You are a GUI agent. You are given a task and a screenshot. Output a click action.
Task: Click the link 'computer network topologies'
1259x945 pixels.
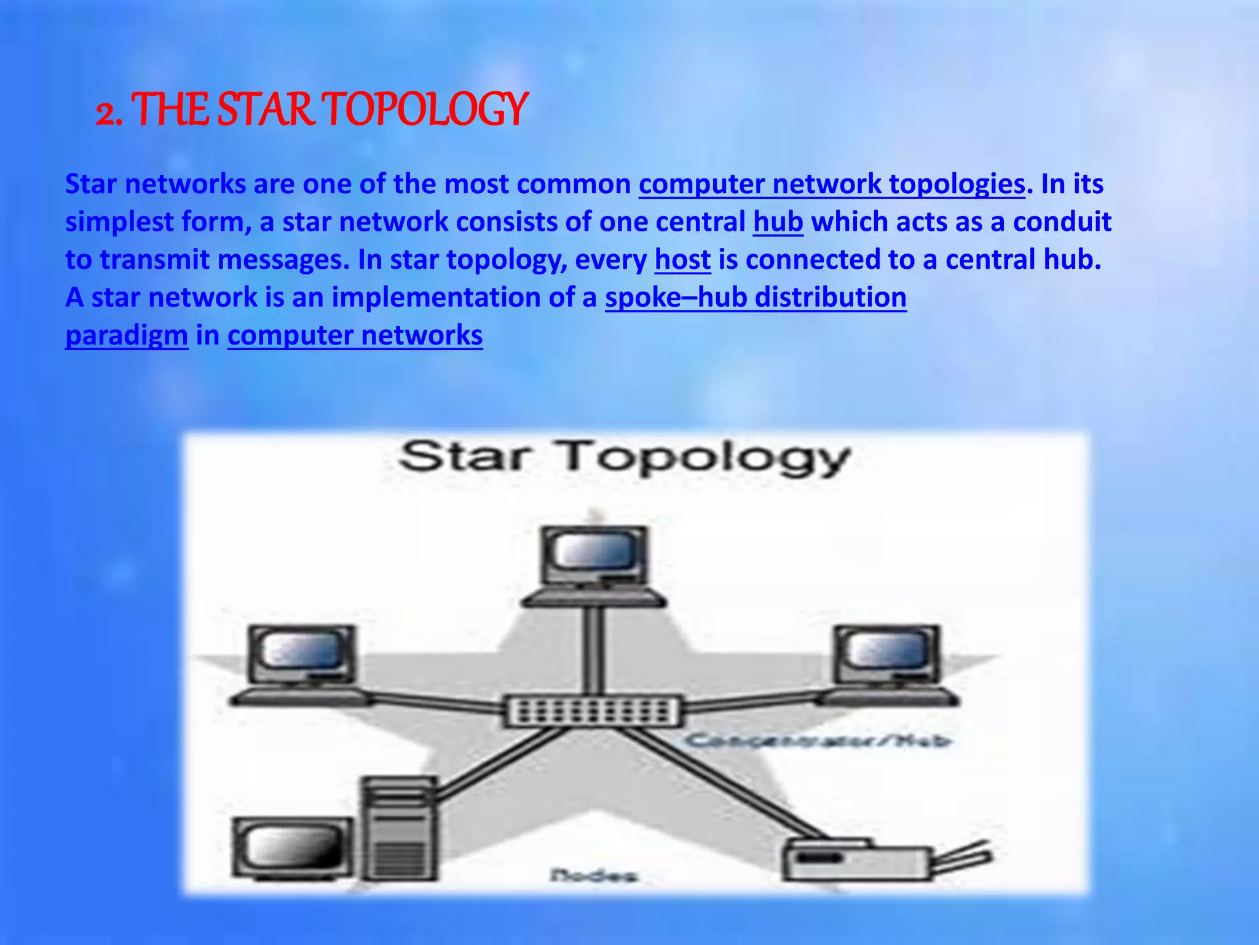point(832,184)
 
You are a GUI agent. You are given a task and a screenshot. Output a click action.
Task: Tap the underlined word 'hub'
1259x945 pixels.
point(778,221)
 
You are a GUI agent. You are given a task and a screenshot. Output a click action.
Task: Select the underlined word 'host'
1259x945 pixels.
point(682,260)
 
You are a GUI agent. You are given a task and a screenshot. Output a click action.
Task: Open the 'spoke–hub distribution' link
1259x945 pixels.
point(756,297)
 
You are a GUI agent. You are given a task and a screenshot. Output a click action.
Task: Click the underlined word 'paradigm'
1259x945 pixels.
point(127,335)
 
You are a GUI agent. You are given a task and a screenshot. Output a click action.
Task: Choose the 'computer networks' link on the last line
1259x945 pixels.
point(355,335)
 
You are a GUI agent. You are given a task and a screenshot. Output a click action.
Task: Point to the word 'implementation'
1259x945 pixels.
point(435,297)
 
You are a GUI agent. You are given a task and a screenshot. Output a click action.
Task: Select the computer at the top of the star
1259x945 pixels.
point(593,563)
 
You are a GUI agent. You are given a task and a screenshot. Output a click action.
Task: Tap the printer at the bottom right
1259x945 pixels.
point(861,861)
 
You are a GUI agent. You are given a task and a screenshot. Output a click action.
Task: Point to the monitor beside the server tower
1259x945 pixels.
point(292,848)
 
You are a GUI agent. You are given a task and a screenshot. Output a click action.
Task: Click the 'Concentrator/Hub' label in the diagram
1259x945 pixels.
point(818,740)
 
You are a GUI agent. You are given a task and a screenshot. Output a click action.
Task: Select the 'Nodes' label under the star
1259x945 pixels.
point(593,875)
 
